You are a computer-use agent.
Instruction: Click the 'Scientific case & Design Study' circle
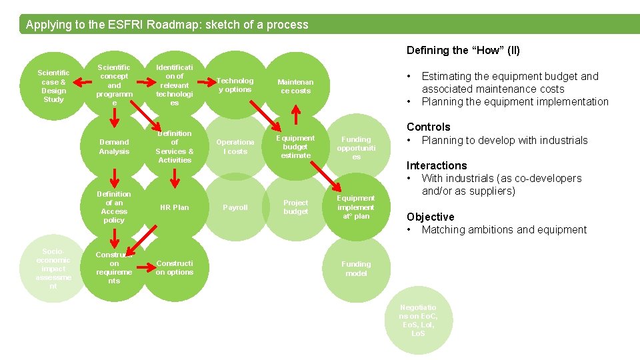point(53,86)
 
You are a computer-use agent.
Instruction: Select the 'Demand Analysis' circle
point(114,147)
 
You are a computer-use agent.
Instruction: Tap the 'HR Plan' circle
point(175,207)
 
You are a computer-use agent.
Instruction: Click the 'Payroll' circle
point(235,207)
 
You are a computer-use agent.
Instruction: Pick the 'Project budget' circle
point(295,207)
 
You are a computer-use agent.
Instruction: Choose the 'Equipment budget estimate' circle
point(295,147)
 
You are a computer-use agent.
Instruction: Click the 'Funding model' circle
point(356,268)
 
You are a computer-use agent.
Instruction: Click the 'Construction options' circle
point(175,268)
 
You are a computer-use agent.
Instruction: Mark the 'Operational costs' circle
point(235,147)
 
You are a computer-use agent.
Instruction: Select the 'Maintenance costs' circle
point(295,86)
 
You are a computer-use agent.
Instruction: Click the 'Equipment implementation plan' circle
point(356,207)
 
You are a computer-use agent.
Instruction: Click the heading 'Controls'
point(429,127)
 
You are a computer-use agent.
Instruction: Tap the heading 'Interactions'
point(437,165)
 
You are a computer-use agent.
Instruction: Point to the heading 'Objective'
point(430,217)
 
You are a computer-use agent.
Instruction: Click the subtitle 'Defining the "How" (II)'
point(463,51)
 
